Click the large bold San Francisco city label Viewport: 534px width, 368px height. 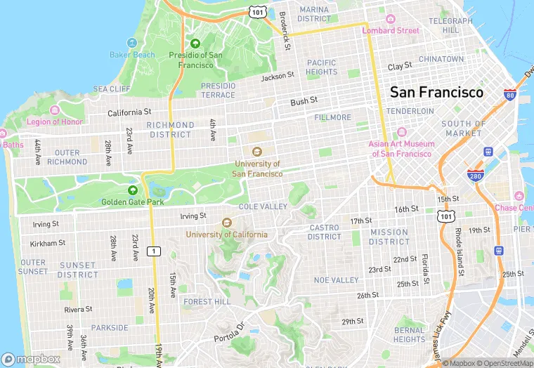point(436,92)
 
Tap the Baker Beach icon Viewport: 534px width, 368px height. point(132,43)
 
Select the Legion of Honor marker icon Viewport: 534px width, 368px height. point(54,110)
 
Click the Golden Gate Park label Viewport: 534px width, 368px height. point(132,202)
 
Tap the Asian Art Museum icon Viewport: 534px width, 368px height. point(402,133)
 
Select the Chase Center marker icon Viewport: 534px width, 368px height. point(519,196)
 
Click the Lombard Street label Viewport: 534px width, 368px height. point(391,30)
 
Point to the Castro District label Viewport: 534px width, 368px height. point(324,232)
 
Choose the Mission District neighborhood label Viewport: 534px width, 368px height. point(389,237)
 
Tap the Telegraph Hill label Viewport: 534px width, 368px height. point(450,26)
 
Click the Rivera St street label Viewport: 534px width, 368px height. point(78,309)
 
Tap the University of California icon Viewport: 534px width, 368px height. point(226,223)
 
